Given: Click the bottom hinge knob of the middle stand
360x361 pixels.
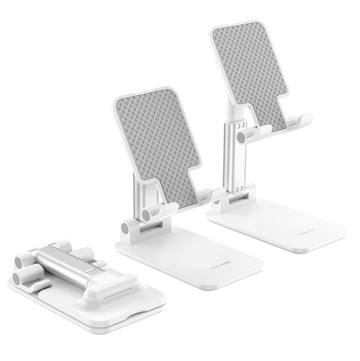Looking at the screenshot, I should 127,229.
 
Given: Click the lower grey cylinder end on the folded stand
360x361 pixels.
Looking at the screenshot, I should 19,279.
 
